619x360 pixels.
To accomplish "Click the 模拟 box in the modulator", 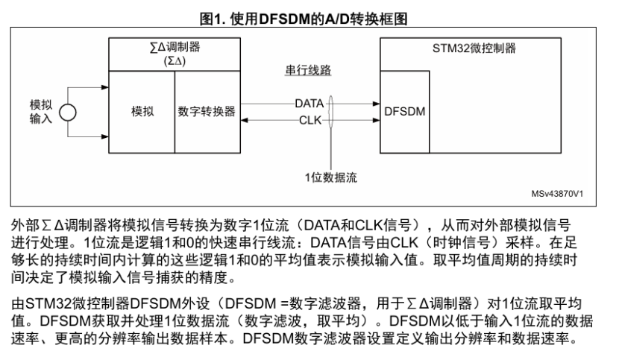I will pyautogui.click(x=142, y=111).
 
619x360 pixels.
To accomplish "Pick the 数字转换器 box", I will pyautogui.click(x=207, y=111).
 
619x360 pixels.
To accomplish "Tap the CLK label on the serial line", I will pyautogui.click(x=309, y=120).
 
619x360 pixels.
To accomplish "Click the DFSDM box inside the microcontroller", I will pyautogui.click(x=404, y=111).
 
